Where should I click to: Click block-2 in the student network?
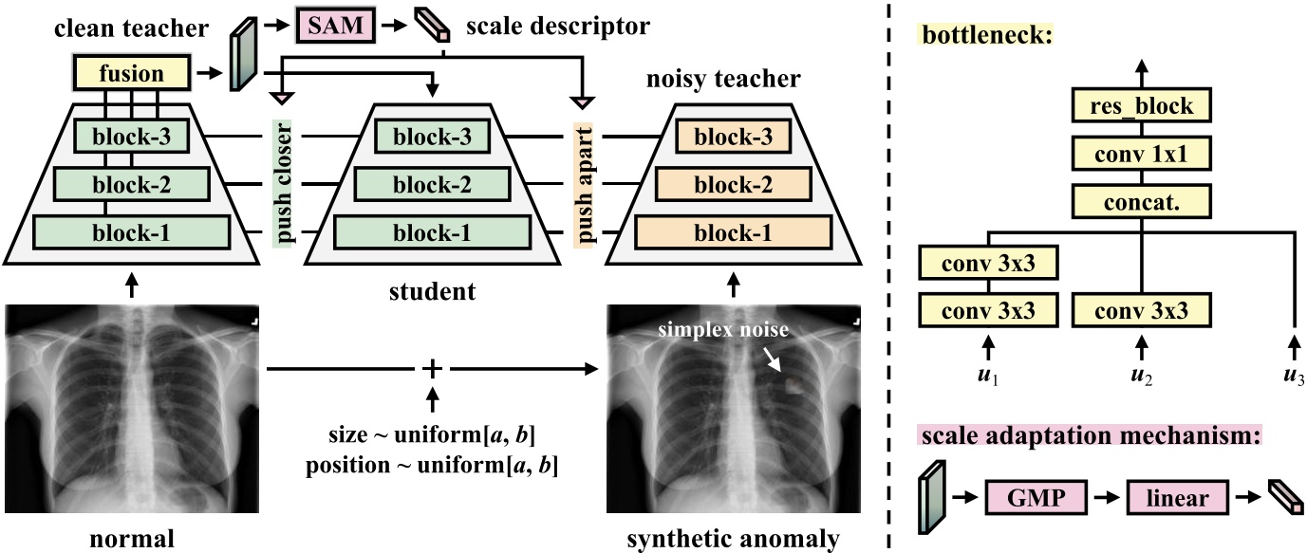(x=433, y=184)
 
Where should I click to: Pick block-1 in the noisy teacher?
(x=733, y=232)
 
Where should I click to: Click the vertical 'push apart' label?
(x=581, y=186)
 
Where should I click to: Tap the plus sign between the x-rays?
(x=432, y=367)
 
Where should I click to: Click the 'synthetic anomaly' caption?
(x=733, y=539)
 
